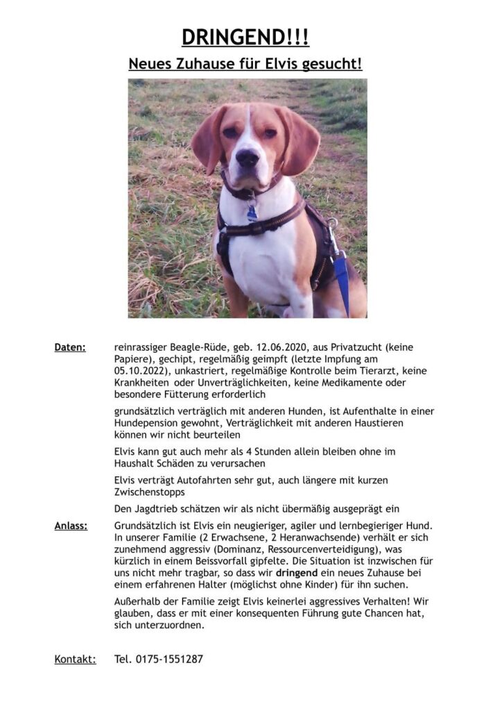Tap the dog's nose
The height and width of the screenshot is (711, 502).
click(x=247, y=158)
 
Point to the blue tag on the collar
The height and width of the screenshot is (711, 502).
click(x=252, y=211)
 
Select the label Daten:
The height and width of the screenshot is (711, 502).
click(x=70, y=346)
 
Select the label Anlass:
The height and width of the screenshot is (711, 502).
click(x=71, y=526)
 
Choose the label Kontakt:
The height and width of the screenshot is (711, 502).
click(x=75, y=659)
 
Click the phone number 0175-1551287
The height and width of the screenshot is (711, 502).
click(x=169, y=659)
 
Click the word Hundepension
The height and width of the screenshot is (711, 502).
click(x=144, y=423)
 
